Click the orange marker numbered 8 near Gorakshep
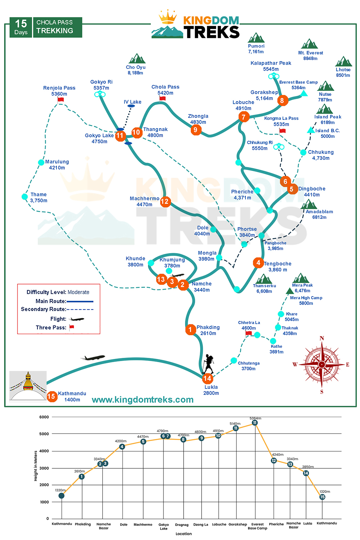pyautogui.click(x=282, y=100)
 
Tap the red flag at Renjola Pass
pyautogui.click(x=60, y=99)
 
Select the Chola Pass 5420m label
pyautogui.click(x=165, y=90)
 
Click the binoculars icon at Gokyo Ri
pyautogui.click(x=100, y=94)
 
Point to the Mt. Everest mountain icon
pyautogui.click(x=310, y=44)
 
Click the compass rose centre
pyautogui.click(x=322, y=364)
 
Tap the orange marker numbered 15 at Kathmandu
pyautogui.click(x=52, y=396)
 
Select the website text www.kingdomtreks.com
pyautogui.click(x=143, y=400)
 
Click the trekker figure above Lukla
pyautogui.click(x=208, y=364)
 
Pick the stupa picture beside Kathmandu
pyautogui.click(x=28, y=386)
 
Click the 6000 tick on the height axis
pyautogui.click(x=44, y=417)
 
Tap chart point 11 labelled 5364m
pyautogui.click(x=255, y=423)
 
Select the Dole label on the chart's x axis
pyautogui.click(x=123, y=525)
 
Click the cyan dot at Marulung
pyautogui.click(x=41, y=162)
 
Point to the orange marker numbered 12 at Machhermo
pyautogui.click(x=165, y=201)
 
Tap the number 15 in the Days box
pyautogui.click(x=21, y=24)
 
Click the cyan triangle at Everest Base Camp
pyautogui.click(x=304, y=94)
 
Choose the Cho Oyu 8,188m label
pyautogui.click(x=135, y=70)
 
